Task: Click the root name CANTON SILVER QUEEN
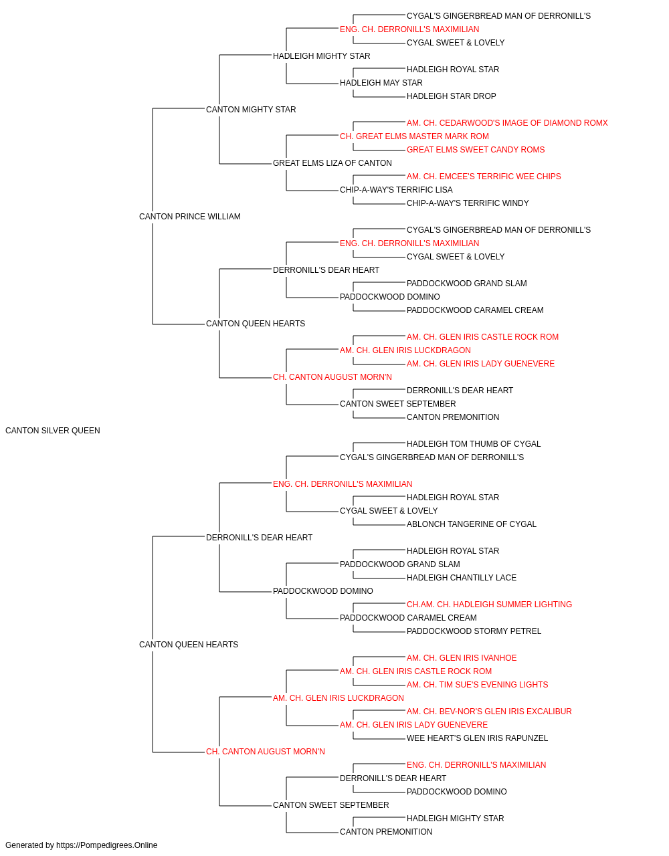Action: click(53, 431)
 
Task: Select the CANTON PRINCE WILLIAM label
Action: click(189, 217)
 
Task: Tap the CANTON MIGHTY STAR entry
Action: click(251, 110)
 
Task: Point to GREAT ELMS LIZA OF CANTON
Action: click(332, 163)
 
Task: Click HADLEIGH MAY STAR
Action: click(381, 83)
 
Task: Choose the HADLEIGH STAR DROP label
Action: click(451, 96)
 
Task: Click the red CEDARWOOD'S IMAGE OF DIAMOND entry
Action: click(507, 123)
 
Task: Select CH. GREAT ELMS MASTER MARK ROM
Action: click(414, 136)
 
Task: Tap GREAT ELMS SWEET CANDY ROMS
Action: click(476, 150)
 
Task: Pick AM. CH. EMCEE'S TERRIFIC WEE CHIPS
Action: click(484, 177)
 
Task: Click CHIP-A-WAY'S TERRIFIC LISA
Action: click(396, 190)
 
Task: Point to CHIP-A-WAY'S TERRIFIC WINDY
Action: click(468, 203)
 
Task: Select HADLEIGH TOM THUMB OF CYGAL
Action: click(474, 444)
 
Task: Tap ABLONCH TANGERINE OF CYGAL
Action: click(471, 524)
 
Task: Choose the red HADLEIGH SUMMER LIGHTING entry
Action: click(489, 605)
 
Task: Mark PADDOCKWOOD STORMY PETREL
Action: click(474, 631)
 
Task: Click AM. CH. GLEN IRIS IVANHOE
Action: click(462, 658)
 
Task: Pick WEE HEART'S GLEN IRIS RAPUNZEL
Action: click(477, 738)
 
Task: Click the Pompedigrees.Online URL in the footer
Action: click(107, 845)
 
